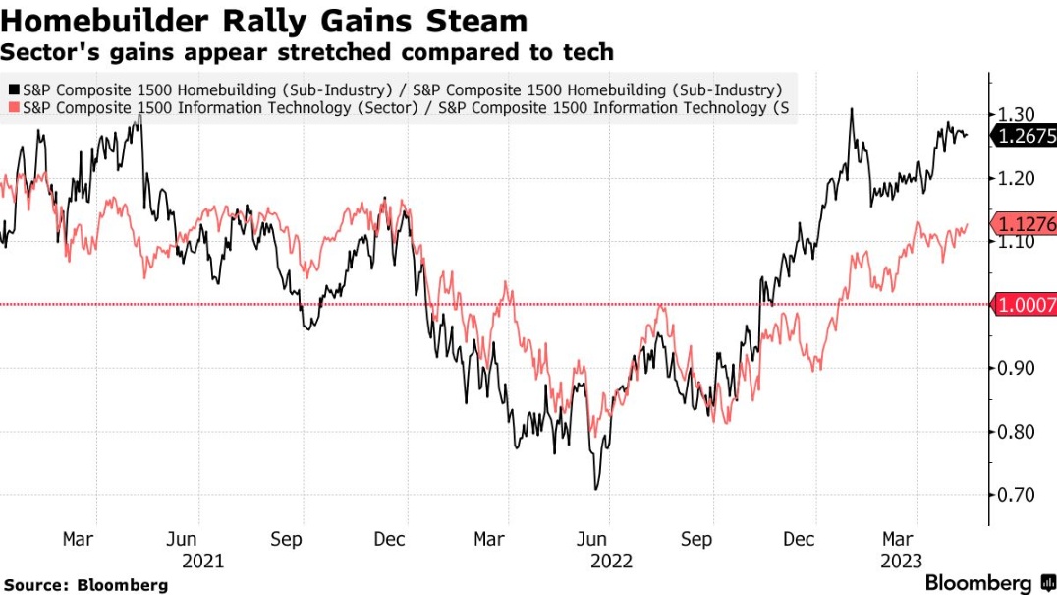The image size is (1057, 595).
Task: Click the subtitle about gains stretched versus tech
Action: [306, 51]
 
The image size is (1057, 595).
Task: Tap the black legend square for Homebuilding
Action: [12, 89]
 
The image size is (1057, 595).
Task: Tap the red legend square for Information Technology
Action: [12, 107]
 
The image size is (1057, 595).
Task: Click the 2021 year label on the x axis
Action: [201, 561]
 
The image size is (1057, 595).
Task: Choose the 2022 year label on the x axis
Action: [611, 561]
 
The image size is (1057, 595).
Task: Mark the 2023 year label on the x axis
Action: [900, 561]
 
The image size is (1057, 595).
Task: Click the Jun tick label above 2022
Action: [591, 539]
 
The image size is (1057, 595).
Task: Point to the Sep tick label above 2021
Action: [285, 539]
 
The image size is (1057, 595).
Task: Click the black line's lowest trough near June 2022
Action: [595, 489]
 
